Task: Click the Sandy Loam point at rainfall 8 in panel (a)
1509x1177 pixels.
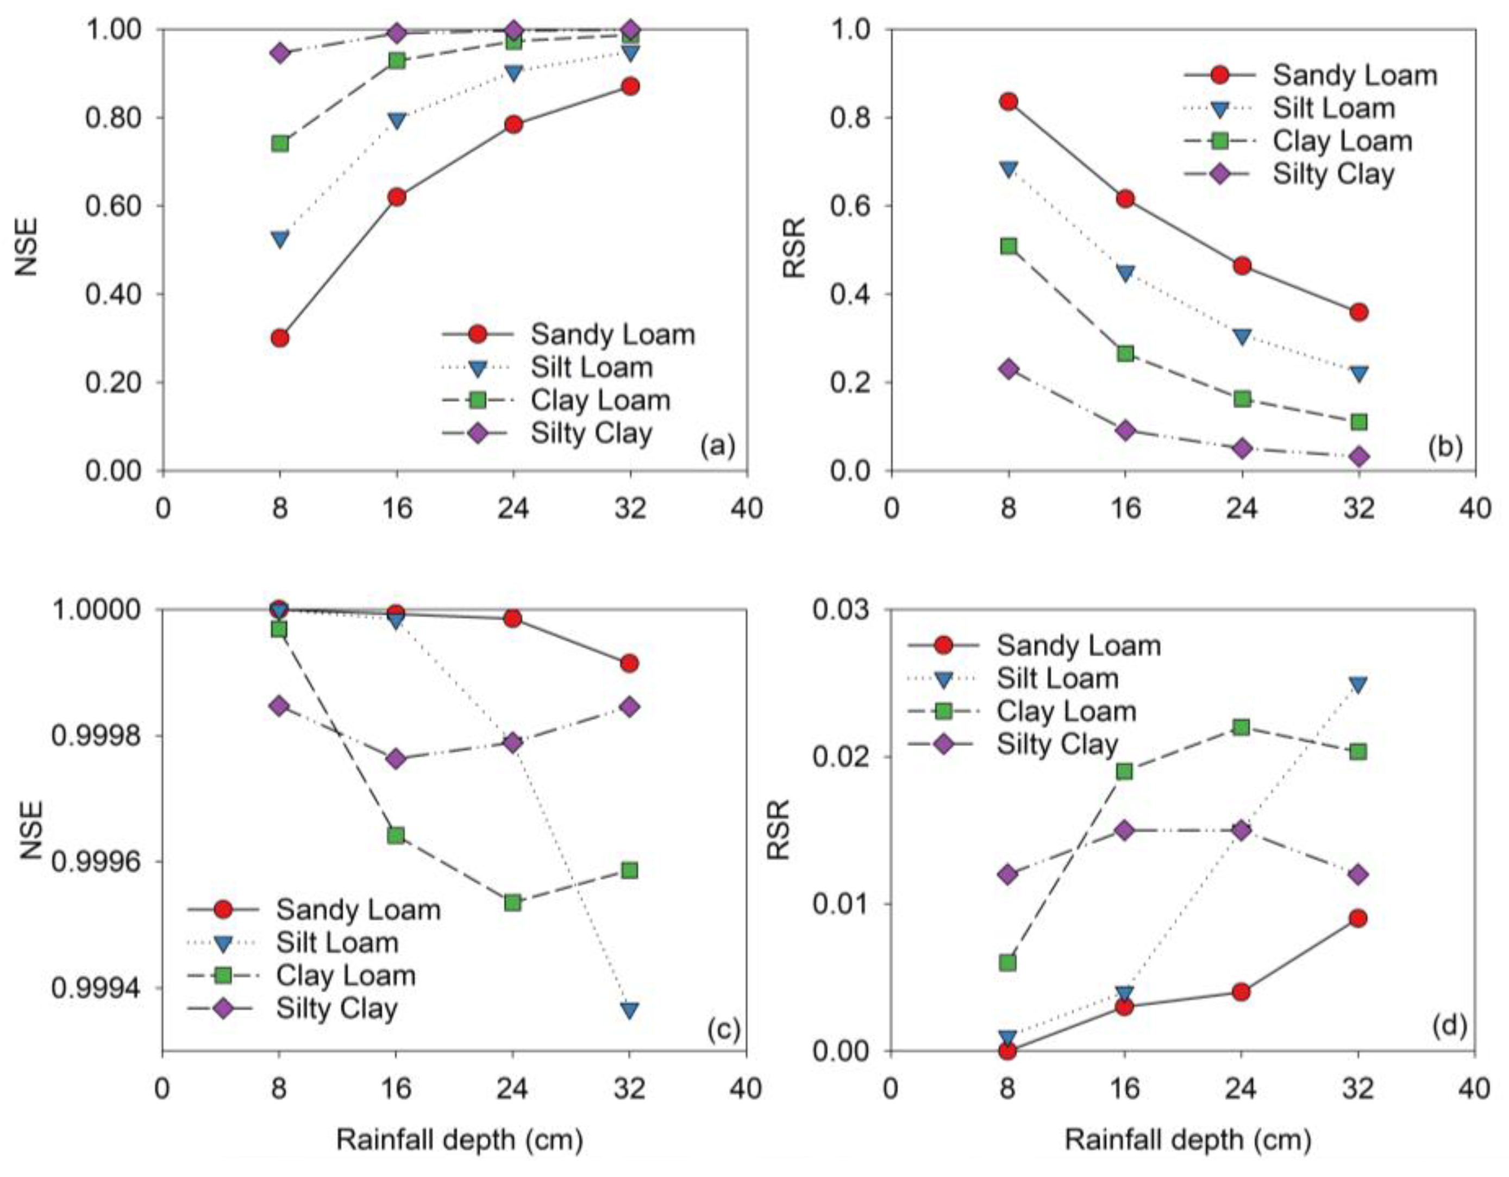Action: [x=280, y=338]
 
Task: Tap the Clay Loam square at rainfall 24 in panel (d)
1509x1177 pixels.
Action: [x=1242, y=727]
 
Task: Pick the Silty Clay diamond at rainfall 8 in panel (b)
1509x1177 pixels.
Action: [x=1009, y=368]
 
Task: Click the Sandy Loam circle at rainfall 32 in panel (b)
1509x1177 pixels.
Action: [x=1358, y=312]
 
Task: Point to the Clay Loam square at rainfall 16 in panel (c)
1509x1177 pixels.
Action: [x=396, y=836]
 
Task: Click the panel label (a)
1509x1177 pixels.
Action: [x=717, y=447]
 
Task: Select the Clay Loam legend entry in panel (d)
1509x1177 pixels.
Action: [x=1066, y=711]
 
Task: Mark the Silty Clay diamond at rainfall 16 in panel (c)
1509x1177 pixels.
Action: [x=396, y=759]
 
